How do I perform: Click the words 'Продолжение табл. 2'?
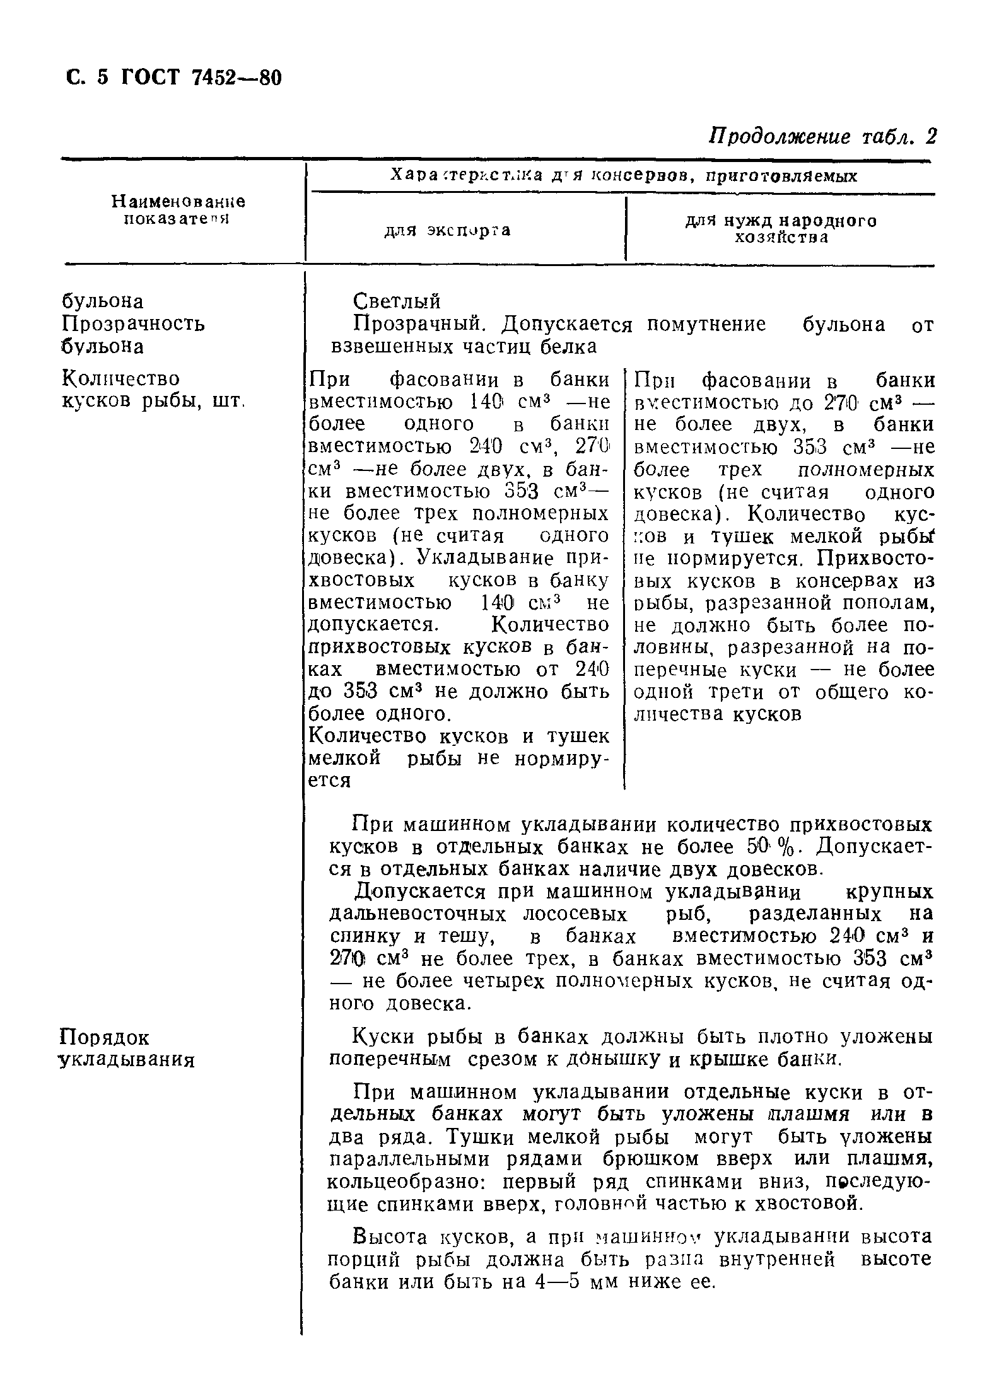[x=824, y=137]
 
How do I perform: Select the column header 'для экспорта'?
[x=447, y=231]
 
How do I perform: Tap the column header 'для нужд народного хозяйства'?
[x=781, y=229]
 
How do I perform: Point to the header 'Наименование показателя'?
[x=178, y=210]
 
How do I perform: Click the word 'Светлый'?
[x=397, y=301]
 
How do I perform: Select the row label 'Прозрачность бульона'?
[x=133, y=335]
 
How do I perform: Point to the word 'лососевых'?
[x=575, y=914]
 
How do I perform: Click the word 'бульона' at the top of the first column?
[x=103, y=301]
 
